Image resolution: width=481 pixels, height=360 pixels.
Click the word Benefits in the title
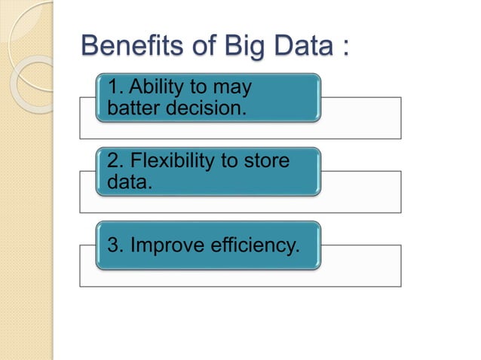point(130,46)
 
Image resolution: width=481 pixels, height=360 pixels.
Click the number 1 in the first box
point(114,88)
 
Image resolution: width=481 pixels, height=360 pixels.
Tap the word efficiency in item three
point(247,245)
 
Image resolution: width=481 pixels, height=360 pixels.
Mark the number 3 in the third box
point(114,245)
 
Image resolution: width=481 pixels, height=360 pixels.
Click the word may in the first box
point(233,88)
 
